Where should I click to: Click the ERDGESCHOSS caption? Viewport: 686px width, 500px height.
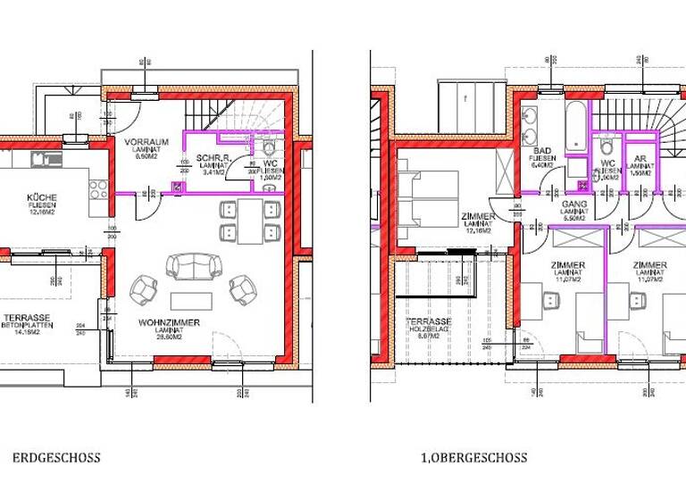click(56, 458)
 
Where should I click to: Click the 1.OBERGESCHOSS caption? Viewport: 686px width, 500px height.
click(473, 458)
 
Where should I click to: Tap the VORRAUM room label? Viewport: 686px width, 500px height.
click(141, 143)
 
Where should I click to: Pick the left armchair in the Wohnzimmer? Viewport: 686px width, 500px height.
click(144, 288)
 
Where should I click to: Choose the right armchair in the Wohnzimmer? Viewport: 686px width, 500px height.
click(243, 287)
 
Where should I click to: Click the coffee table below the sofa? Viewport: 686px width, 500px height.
click(193, 298)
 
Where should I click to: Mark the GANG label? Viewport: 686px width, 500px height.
click(573, 204)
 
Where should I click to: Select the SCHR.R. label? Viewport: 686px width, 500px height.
click(212, 157)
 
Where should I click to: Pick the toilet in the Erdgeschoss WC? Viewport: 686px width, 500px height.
click(270, 146)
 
